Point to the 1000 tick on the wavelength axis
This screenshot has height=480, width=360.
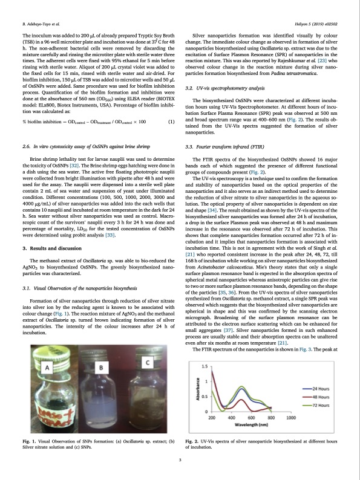tap(290, 417)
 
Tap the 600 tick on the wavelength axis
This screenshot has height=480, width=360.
tap(250, 417)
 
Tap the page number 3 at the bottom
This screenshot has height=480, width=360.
tap(180, 461)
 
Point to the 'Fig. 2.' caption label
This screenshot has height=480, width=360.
tap(191, 443)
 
